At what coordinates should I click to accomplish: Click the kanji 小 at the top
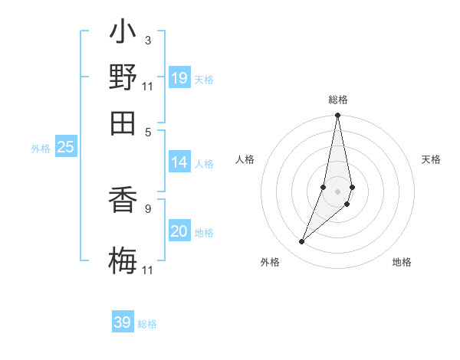123,34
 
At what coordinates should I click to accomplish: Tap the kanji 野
123,77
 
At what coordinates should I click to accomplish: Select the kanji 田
123,121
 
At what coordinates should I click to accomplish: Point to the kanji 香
123,203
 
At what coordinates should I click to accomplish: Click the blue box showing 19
179,78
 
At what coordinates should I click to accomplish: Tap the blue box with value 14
179,162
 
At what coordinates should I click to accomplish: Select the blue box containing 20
179,232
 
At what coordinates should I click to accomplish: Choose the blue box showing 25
65,147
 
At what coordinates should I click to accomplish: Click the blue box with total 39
123,322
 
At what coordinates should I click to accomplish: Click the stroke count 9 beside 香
147,208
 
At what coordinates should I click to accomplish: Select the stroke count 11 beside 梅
147,270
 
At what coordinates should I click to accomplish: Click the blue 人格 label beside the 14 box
204,163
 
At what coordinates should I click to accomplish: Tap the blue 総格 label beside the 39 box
147,324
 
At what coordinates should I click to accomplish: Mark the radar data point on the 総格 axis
337,115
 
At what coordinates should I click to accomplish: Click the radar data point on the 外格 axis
302,242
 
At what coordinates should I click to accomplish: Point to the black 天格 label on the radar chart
432,159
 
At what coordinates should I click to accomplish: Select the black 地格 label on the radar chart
402,262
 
